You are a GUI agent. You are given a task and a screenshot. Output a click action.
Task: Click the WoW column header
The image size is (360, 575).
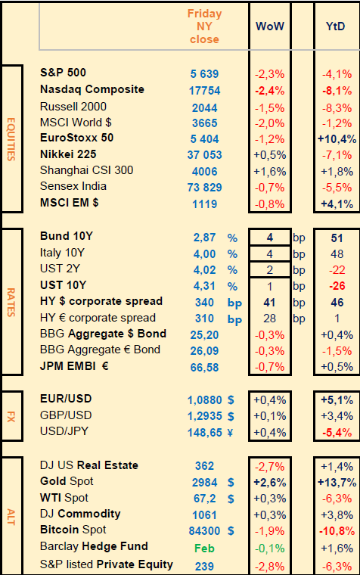tap(270, 26)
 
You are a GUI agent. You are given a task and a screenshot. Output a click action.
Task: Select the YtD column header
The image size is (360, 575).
tap(336, 26)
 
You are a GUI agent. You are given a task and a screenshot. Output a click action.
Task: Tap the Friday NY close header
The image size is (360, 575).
tap(204, 26)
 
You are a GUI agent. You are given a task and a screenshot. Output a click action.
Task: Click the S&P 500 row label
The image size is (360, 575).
tap(63, 72)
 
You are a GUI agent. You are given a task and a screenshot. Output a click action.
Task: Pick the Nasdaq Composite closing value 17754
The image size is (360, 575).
tap(204, 91)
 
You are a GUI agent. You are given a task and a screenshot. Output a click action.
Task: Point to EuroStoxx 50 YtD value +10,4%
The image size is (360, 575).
tap(337, 139)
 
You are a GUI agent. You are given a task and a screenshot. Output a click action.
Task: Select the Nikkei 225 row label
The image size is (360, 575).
tap(68, 154)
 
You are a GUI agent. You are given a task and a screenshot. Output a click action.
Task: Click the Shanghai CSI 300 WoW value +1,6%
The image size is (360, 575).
tap(270, 171)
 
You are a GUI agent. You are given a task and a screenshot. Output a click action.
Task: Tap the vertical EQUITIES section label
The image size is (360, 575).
tap(11, 139)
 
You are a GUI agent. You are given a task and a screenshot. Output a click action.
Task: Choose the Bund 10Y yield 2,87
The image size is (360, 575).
tap(204, 238)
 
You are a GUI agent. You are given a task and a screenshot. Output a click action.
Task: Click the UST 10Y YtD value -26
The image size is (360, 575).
tap(337, 286)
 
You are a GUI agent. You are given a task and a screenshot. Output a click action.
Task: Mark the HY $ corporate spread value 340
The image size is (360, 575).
tap(204, 303)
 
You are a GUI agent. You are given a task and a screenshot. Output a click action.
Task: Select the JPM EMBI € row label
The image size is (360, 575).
tap(74, 366)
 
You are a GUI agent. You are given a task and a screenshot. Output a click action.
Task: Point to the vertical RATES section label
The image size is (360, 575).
tap(11, 302)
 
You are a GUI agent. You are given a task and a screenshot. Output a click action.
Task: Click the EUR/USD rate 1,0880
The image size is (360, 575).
tap(204, 399)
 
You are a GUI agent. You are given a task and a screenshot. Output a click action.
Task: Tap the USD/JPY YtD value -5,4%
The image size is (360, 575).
tap(337, 432)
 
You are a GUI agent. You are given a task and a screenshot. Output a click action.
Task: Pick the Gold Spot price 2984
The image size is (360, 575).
tap(204, 482)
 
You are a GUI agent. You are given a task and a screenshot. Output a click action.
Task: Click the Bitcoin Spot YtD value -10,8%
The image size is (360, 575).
tap(337, 530)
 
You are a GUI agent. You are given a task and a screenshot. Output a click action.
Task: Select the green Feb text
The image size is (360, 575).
tap(204, 549)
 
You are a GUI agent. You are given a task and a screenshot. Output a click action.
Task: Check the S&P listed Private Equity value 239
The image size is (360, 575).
tap(204, 566)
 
